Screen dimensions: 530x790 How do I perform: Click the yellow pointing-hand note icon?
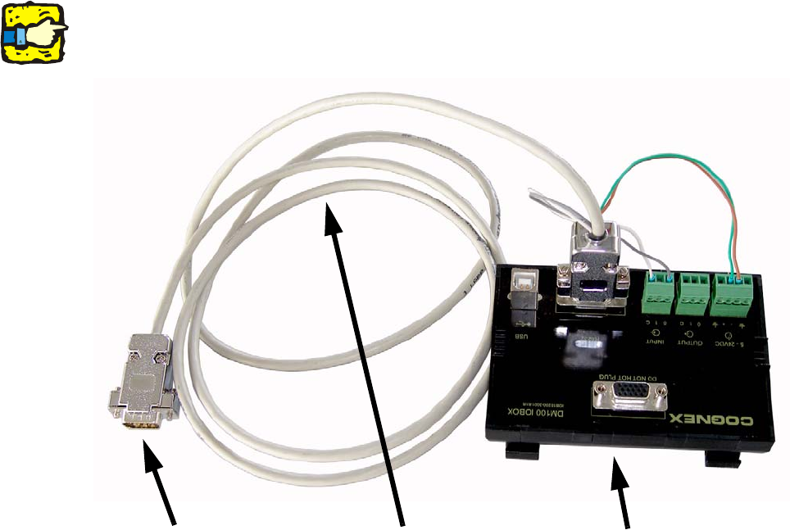tap(34, 33)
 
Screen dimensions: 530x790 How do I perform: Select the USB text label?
tap(522, 335)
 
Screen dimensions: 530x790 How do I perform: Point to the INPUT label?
tap(656, 342)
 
